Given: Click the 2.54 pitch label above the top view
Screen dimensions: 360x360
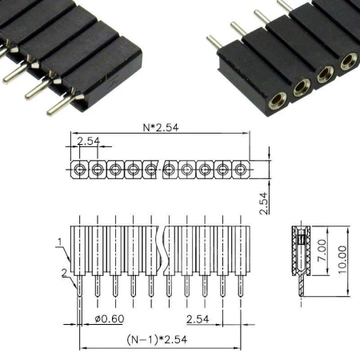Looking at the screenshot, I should (88, 142).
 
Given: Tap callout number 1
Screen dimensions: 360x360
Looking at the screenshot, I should (60, 240).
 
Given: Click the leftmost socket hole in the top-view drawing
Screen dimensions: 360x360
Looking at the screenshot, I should (79, 169).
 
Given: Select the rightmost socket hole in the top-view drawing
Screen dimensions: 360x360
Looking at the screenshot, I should (241, 169).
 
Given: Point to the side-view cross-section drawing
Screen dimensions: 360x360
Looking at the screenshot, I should (300, 260).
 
